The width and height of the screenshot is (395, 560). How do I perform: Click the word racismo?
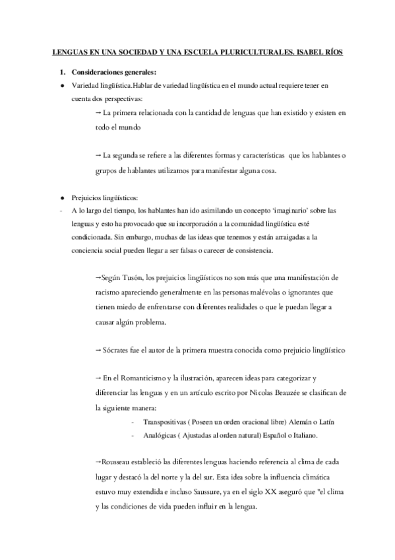tap(111, 291)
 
